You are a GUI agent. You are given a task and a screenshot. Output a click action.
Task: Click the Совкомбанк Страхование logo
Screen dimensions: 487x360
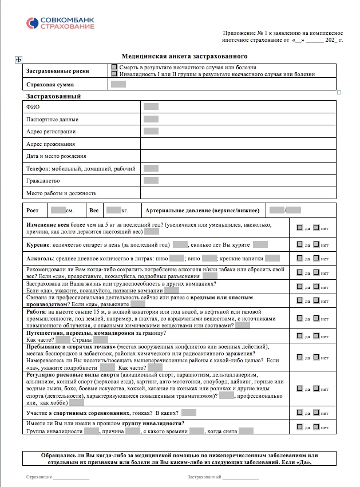[x=60, y=23]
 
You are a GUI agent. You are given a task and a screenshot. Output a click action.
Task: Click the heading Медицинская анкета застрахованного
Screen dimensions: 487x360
[x=184, y=57]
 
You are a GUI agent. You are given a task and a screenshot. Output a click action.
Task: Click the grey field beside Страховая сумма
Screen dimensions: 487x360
[x=118, y=85]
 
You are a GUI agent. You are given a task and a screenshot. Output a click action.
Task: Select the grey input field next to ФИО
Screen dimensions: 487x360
[x=151, y=106]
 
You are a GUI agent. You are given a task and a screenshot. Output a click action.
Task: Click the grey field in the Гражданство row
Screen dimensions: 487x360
[x=151, y=180]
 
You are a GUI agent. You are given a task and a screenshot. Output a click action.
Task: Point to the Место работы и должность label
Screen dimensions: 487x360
[x=61, y=193]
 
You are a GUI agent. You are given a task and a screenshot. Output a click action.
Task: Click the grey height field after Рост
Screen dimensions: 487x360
[x=58, y=211]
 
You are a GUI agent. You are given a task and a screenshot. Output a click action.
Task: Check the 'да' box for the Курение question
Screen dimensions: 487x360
[x=300, y=244]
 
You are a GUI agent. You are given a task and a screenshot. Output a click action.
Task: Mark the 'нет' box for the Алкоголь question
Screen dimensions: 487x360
[x=317, y=259]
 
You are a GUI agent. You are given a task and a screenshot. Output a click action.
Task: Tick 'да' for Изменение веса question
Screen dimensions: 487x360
[x=300, y=228]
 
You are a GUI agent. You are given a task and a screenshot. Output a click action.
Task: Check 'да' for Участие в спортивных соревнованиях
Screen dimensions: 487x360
[x=300, y=412]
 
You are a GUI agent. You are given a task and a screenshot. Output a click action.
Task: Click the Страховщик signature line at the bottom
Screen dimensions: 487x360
[x=71, y=477]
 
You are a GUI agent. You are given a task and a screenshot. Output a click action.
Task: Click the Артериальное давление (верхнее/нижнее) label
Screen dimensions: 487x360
[x=203, y=211]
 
